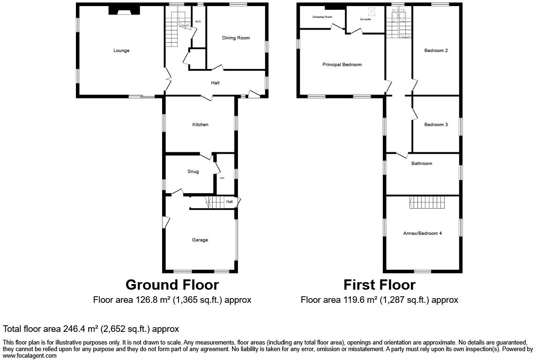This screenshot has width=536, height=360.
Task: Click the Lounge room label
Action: coord(121,51)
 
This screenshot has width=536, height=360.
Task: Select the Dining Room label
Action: coord(236,38)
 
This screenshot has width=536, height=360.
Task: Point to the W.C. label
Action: coord(198,22)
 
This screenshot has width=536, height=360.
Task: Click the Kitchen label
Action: coord(200,125)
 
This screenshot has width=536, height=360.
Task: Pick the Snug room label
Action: coord(193,172)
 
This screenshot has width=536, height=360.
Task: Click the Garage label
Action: coord(200,240)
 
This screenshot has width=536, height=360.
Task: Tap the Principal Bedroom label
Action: coord(342,65)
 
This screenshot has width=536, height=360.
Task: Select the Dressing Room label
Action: coord(322,17)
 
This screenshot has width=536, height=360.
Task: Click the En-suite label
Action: coord(365,19)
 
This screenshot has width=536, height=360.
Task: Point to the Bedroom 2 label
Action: coord(436,51)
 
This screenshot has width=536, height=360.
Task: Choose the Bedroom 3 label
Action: coord(436,125)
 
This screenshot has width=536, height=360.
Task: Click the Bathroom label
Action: coord(422,164)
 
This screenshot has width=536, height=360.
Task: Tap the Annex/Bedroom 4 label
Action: coord(422,233)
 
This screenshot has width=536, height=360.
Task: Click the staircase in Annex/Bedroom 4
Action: coord(427,202)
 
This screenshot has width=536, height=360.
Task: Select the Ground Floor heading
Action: coord(172,285)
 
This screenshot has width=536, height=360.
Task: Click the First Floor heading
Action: coord(379,285)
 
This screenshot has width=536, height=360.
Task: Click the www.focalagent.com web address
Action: coord(30,356)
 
